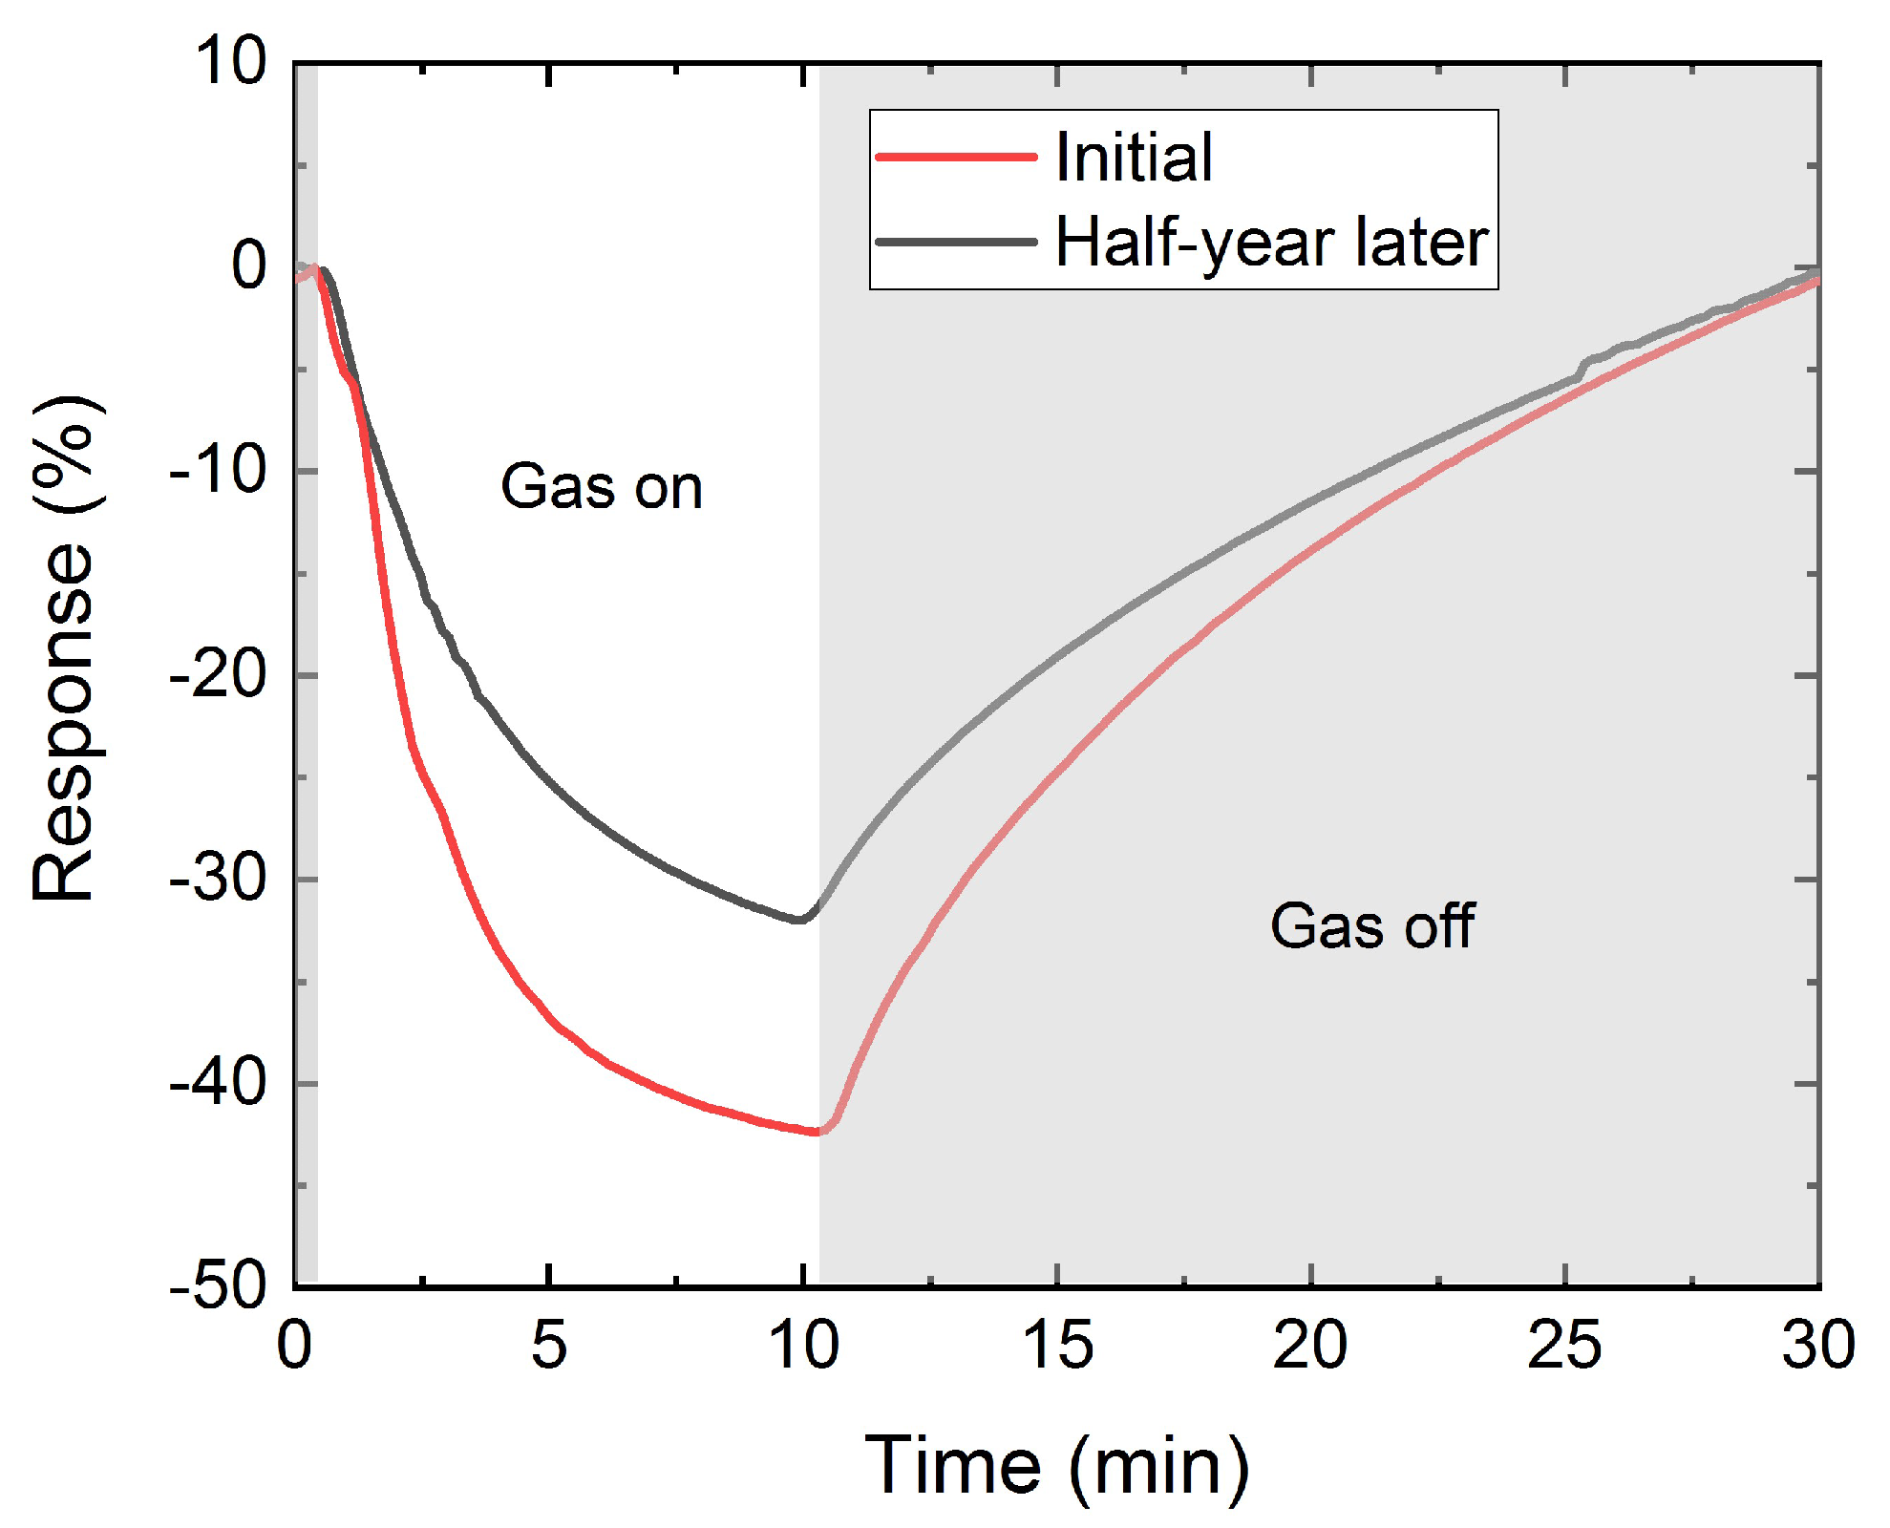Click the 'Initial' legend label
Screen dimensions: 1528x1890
(x=1134, y=158)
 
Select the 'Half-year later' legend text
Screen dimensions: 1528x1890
(x=1271, y=243)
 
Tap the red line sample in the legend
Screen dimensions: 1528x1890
(x=956, y=157)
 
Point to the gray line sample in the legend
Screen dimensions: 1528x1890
(x=956, y=242)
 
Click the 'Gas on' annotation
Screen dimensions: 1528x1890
(x=602, y=487)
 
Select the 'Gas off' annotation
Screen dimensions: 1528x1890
(x=1372, y=926)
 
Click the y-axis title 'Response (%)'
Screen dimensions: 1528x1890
(x=64, y=649)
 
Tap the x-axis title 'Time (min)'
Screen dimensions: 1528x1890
(x=1057, y=1466)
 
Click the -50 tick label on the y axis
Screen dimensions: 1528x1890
(x=218, y=1286)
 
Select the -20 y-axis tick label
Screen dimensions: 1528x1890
(x=218, y=675)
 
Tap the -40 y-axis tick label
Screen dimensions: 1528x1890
(x=218, y=1083)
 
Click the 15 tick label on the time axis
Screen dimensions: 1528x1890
(x=1057, y=1346)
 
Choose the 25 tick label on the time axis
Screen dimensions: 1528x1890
(x=1564, y=1346)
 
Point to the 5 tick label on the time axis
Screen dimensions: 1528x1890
(x=549, y=1346)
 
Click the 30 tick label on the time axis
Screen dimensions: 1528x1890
(x=1817, y=1346)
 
